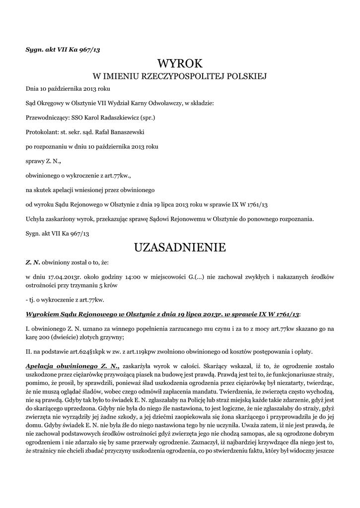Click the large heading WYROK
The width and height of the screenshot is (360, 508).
click(x=180, y=63)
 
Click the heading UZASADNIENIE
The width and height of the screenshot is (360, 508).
click(x=180, y=247)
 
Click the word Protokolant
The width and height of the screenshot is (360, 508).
click(x=42, y=132)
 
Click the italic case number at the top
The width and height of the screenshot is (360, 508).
click(x=63, y=49)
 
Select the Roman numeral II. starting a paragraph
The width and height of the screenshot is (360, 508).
click(x=28, y=352)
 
